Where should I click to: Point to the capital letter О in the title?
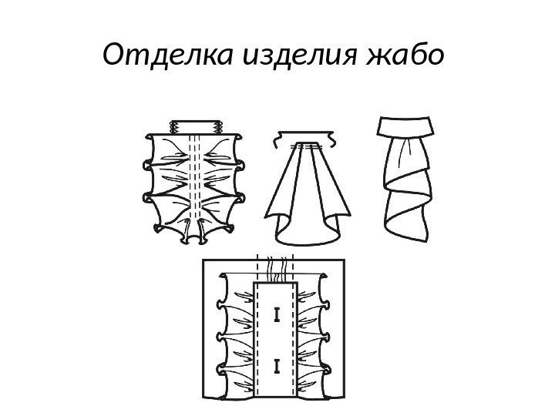coord(113,56)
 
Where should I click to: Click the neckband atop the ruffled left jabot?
coord(195,126)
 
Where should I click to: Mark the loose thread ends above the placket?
coord(276,268)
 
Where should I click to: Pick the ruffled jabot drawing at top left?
coord(194,181)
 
